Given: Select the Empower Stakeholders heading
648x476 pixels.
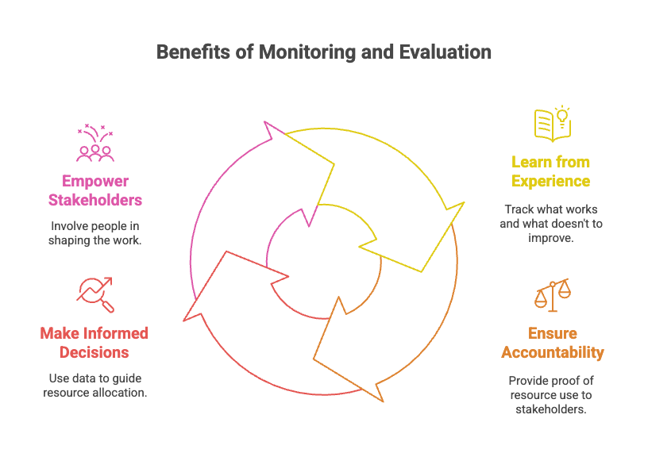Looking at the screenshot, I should coord(94,190).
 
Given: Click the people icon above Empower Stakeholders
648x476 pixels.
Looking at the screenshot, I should coord(94,143).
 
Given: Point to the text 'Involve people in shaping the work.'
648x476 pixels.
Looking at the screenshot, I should coord(94,232).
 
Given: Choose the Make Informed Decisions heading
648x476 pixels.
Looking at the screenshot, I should coord(94,342).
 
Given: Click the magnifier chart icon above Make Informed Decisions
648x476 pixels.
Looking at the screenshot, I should coord(94,294).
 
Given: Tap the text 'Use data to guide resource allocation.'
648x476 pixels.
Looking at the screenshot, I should coord(94,385).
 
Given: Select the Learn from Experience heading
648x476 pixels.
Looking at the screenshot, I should coord(550,171).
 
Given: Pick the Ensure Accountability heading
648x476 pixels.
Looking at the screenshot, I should coord(552,343).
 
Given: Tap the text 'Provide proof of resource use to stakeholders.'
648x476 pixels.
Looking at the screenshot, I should coord(552,394).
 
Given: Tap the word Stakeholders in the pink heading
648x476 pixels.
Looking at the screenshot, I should coord(94,199).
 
